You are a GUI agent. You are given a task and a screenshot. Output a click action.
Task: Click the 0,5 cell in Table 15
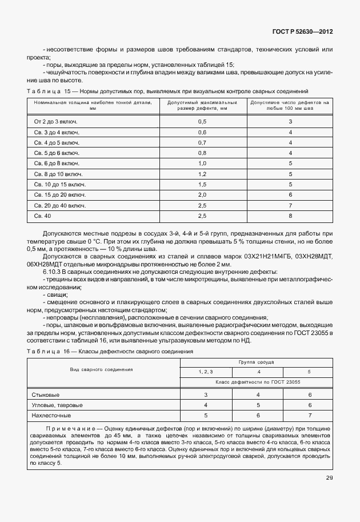point(202,122)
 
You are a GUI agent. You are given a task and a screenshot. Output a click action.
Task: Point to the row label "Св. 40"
point(42,216)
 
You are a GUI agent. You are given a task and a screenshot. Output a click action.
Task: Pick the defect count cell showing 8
point(290,216)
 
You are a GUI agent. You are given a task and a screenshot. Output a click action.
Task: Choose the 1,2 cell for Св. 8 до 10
point(202,174)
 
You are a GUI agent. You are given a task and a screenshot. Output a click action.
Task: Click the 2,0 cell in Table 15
point(202,195)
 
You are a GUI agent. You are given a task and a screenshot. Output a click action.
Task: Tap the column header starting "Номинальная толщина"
point(93,105)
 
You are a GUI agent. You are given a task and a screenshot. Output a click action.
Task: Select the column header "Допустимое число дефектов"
point(290,105)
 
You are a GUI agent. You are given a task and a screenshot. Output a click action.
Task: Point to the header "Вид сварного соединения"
point(101,369)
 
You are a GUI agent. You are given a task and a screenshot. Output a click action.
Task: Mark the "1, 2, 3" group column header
point(206,372)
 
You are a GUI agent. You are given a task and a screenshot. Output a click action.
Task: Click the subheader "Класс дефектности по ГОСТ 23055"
point(256,381)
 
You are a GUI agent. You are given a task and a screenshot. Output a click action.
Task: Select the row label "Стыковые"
point(47,395)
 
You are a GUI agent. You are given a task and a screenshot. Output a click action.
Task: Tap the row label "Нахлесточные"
point(52,415)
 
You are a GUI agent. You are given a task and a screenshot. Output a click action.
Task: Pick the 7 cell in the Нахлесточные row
point(310,415)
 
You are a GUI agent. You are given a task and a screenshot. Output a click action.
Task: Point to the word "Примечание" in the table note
point(69,428)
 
